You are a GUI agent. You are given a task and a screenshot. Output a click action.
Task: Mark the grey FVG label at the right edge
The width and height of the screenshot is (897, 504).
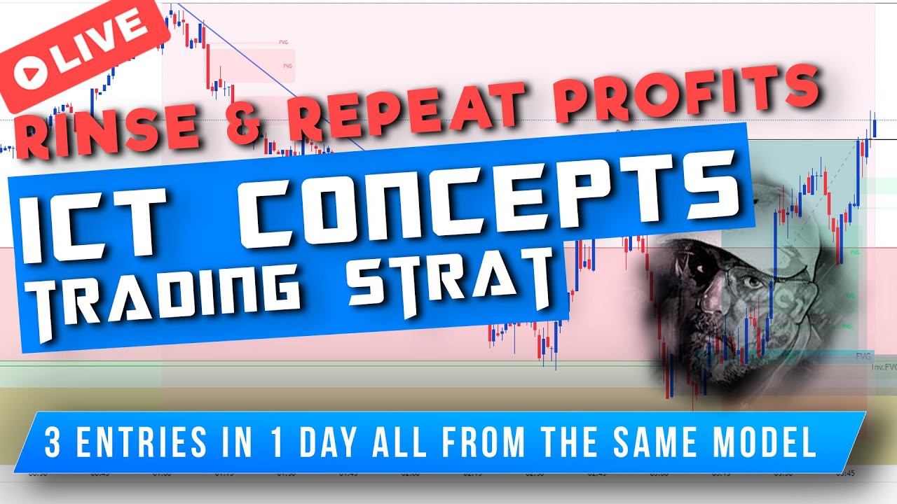[x=863, y=356]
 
